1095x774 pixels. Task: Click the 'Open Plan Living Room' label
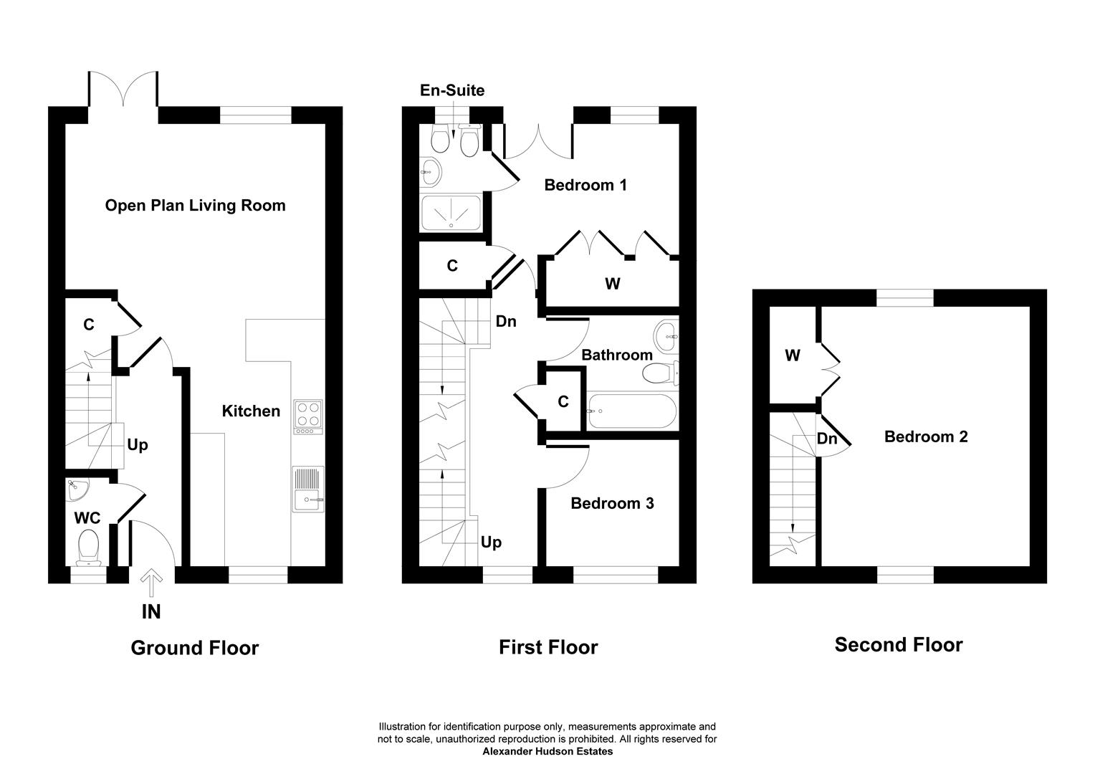195,206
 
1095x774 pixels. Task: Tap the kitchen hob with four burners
308,416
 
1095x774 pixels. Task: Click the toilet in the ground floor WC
90,548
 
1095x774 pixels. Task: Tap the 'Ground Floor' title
194,648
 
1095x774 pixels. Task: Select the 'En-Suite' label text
452,90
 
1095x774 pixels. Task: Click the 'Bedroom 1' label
585,185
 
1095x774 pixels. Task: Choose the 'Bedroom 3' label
612,504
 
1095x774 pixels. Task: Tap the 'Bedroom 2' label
926,436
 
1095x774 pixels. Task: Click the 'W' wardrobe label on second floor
792,355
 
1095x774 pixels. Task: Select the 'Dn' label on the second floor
827,439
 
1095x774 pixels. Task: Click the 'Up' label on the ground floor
137,445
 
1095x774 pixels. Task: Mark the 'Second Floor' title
898,645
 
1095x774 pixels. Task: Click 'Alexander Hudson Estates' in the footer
547,752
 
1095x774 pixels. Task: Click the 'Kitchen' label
251,411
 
